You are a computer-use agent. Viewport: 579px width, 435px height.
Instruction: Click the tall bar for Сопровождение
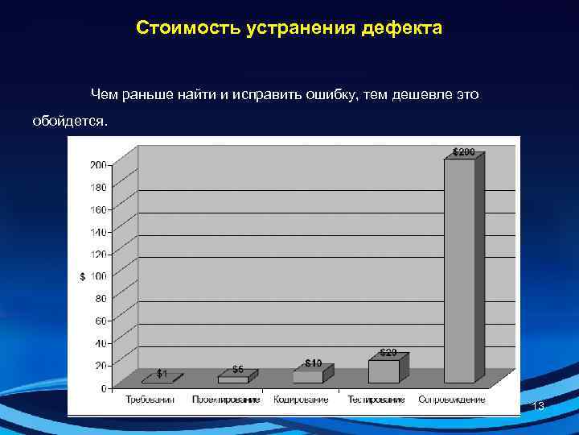pos(459,270)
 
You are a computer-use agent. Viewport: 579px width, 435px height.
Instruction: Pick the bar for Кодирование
pos(307,376)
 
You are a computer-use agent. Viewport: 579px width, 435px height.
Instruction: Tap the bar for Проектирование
pos(233,379)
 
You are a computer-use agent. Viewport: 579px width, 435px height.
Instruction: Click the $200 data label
pos(463,151)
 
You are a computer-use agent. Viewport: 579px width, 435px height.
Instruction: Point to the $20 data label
pos(388,352)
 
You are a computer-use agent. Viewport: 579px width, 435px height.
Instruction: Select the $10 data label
pos(314,363)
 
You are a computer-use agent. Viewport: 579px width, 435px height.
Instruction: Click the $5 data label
pos(238,369)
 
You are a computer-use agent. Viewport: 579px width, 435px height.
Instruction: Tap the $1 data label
pos(162,374)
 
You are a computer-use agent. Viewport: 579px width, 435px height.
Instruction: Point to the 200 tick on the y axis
pos(97,165)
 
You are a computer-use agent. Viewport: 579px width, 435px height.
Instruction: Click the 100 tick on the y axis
pos(97,276)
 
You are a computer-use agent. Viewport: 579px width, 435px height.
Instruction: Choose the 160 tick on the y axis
pos(97,209)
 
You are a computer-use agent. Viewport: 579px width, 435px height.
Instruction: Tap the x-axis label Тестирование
pos(376,400)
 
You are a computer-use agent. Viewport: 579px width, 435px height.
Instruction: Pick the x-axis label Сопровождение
pos(451,400)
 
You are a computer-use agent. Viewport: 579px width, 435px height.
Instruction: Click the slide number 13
pos(538,407)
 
